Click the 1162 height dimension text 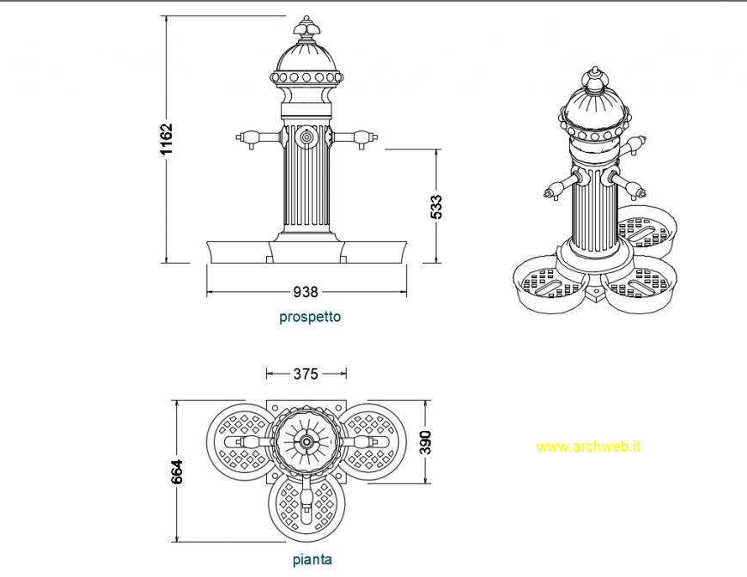[x=167, y=139]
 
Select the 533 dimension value [x=437, y=207]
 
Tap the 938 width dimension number [x=306, y=292]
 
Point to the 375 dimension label [x=306, y=374]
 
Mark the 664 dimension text [x=178, y=471]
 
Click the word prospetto [x=310, y=317]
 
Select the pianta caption [x=312, y=560]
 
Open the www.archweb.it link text [x=589, y=446]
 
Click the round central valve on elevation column [x=307, y=137]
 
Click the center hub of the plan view [x=307, y=441]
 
